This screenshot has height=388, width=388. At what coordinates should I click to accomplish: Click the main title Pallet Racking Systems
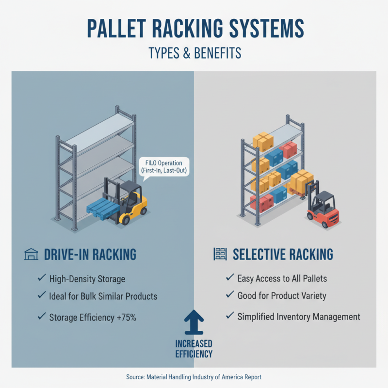194,28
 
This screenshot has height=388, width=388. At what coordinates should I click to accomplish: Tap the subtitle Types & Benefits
194,52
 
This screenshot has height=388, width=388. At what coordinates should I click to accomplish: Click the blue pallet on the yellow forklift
103,208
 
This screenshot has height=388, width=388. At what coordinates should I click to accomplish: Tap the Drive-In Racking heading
90,254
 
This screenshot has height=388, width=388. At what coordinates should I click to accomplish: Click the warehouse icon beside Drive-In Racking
31,254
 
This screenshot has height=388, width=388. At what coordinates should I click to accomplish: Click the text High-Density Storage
87,279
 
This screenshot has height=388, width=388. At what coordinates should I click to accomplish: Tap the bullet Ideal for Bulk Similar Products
103,296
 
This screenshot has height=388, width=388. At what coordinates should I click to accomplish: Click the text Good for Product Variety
282,295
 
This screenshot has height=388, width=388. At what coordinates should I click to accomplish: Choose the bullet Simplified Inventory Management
299,317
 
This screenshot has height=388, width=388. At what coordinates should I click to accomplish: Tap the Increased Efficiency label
194,349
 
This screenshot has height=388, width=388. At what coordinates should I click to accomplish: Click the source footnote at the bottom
194,376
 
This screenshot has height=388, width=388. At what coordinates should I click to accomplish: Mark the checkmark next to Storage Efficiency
41,317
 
